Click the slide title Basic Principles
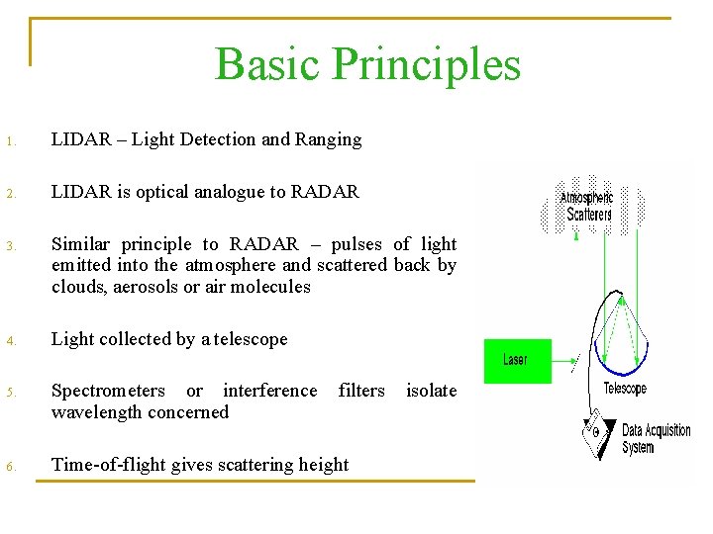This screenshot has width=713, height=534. pyautogui.click(x=367, y=64)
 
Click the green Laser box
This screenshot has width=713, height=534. pyautogui.click(x=516, y=360)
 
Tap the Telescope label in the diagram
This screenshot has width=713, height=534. pyautogui.click(x=625, y=389)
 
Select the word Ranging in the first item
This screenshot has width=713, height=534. pyautogui.click(x=328, y=139)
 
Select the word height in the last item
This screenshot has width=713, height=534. pyautogui.click(x=323, y=465)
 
